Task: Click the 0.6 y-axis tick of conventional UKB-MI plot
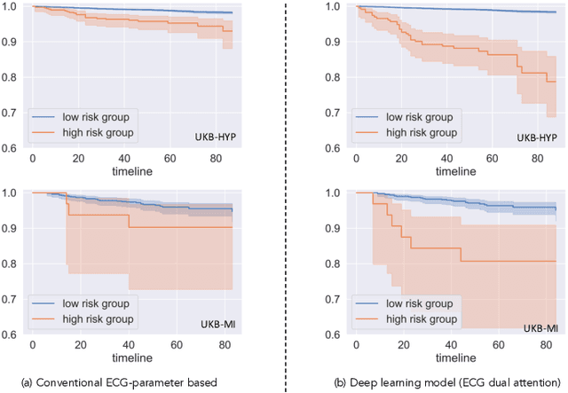[x=13, y=335]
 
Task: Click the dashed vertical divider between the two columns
[x=286, y=195]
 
